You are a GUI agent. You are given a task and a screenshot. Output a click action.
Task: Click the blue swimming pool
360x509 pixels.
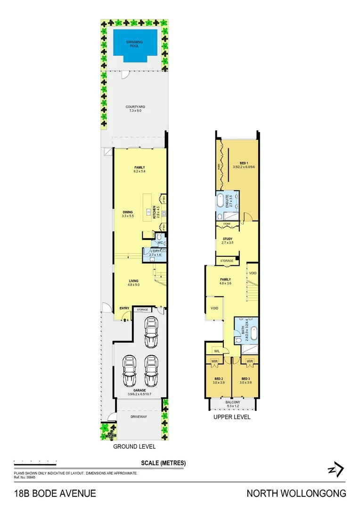(135, 45)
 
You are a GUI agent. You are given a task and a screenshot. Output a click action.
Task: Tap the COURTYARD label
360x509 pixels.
(135, 107)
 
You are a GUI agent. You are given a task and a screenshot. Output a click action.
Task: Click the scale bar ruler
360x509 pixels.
(35, 461)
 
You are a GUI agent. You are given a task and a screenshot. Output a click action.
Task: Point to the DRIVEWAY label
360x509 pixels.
(139, 417)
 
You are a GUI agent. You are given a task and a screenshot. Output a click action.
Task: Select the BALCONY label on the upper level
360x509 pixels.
(233, 402)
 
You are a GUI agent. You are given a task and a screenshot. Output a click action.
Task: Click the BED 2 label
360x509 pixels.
(218, 379)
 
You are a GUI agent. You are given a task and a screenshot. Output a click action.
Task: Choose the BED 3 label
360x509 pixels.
(245, 379)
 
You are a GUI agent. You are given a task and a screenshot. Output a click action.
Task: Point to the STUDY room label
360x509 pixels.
(228, 239)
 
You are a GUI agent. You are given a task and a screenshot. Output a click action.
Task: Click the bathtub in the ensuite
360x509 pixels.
(221, 202)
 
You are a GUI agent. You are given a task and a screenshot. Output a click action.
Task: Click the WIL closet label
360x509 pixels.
(217, 351)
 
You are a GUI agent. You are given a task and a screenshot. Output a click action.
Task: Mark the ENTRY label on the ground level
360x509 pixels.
(124, 309)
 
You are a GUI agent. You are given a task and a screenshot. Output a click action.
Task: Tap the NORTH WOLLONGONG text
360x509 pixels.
(296, 493)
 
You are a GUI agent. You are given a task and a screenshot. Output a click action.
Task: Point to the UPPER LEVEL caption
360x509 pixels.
(232, 417)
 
